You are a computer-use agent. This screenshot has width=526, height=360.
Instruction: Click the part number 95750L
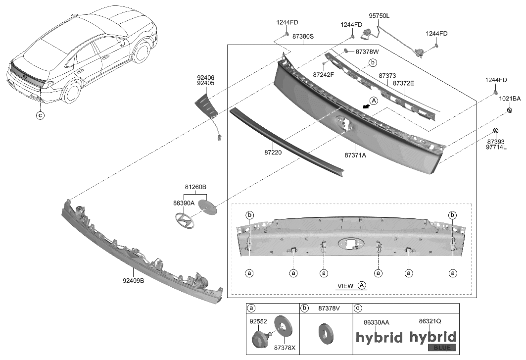379,16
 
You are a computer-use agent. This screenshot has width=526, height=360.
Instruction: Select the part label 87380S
303,37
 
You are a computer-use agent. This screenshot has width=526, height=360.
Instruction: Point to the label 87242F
324,74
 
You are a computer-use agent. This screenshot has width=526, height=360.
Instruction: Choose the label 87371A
355,155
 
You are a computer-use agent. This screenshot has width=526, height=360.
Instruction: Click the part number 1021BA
509,99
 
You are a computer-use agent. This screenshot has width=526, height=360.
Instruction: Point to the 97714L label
495,148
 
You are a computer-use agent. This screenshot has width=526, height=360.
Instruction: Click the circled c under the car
41,116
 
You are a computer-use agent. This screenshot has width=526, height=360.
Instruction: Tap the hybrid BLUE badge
432,341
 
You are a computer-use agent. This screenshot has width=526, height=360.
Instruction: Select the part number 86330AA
376,322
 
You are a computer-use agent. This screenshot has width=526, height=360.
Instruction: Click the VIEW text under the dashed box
345,286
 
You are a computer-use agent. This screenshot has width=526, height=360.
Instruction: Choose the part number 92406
205,78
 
